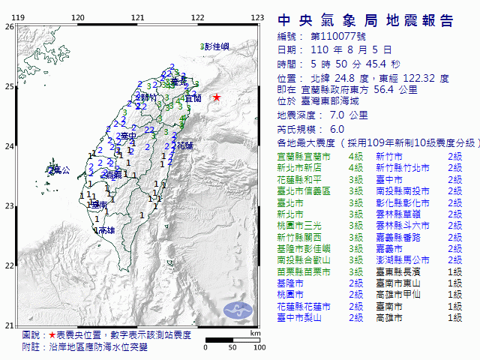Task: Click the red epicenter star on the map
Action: point(217,97)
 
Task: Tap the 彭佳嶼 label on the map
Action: point(217,46)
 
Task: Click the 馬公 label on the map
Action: point(61,171)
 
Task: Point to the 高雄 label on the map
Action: point(106,231)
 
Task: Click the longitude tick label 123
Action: point(257,16)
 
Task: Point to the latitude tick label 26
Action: point(9,26)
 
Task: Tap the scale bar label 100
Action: point(259,348)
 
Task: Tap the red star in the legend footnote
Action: point(51,334)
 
